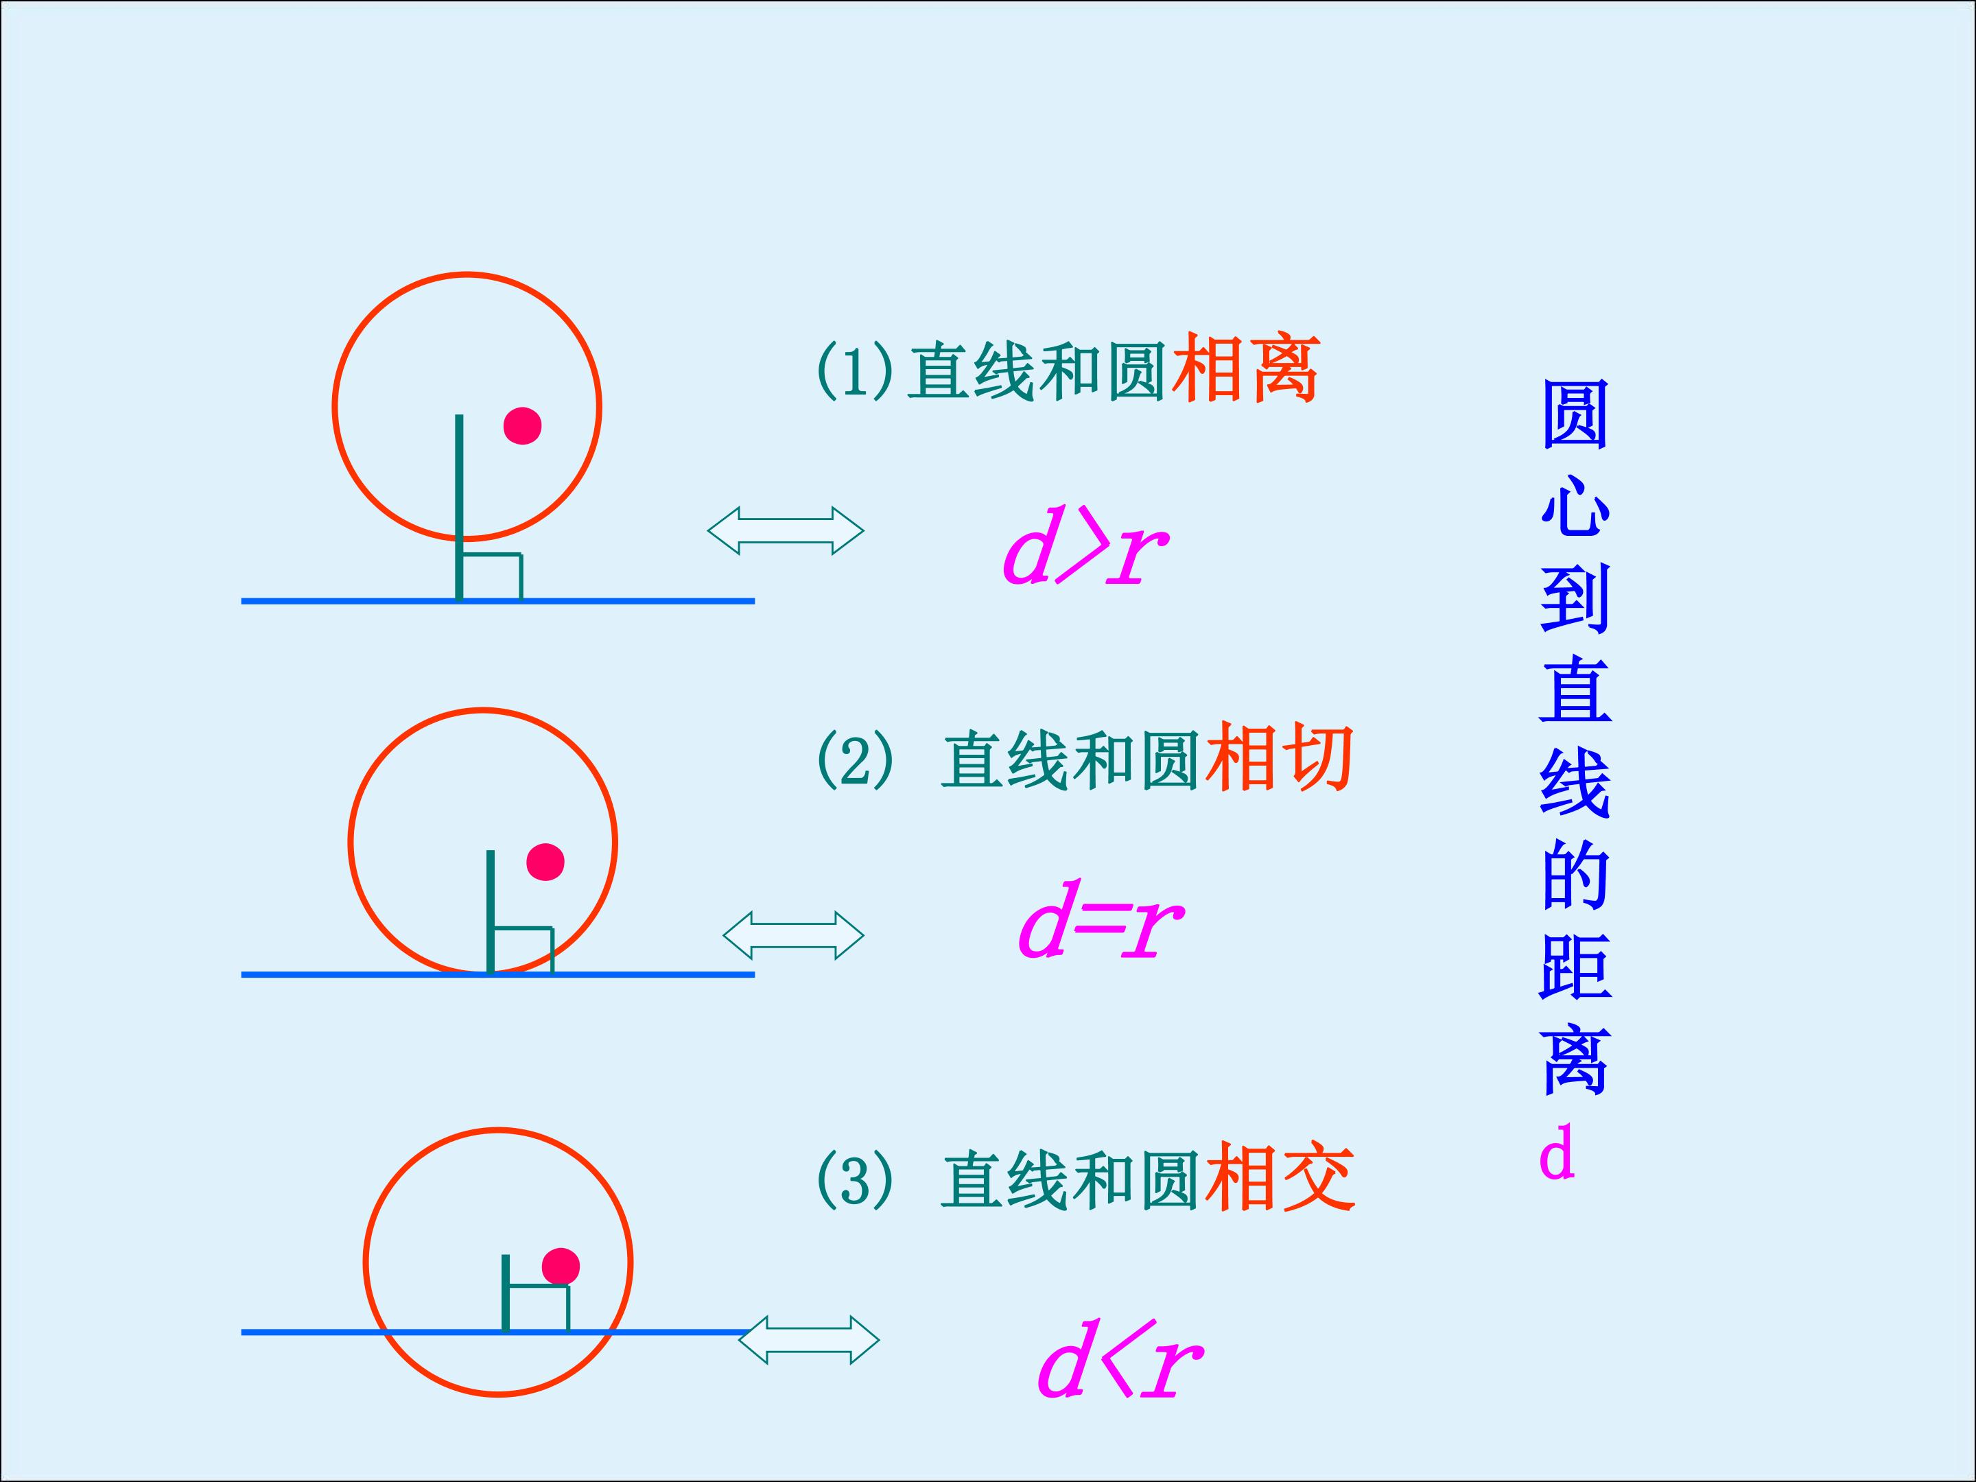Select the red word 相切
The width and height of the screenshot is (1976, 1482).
1279,758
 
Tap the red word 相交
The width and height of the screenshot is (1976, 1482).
1279,1178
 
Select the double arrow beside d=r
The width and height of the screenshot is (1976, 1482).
793,935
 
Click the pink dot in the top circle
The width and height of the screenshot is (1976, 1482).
523,425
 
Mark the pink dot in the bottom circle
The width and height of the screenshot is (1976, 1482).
561,1266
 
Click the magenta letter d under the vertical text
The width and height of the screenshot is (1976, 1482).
1556,1153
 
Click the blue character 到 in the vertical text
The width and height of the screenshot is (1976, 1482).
1575,598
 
